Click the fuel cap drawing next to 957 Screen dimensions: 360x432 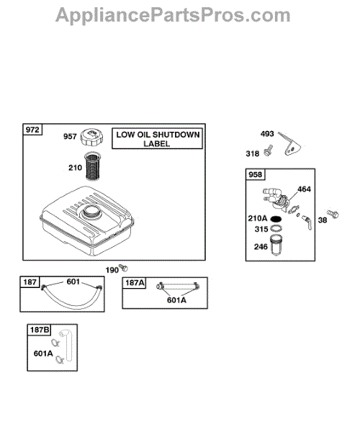pos(91,138)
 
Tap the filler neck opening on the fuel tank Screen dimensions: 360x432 pos(91,211)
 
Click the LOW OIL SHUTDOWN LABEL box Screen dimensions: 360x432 pos(157,139)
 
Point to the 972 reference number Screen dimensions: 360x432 pos(32,130)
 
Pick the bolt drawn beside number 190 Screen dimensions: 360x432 pos(123,267)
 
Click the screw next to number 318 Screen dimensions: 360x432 pos(268,150)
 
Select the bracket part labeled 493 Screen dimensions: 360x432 pos(289,145)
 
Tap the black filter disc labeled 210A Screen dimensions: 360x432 pos(276,219)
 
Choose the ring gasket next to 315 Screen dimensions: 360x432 pos(276,228)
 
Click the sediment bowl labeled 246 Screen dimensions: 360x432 pos(276,245)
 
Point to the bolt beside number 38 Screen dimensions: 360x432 pos(333,214)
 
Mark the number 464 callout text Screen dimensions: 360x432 pos(304,189)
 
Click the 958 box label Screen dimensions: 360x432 pos(255,174)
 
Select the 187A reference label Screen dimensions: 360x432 pos(135,283)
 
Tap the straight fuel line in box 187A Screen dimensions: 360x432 pos(178,287)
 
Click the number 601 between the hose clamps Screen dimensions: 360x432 pos(73,282)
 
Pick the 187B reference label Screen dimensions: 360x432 pos(40,330)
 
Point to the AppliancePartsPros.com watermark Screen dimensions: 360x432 pos(173,15)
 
